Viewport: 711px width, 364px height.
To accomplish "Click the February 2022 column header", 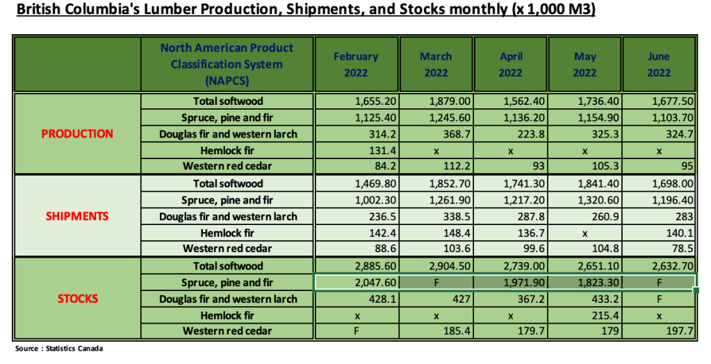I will tap(356, 65).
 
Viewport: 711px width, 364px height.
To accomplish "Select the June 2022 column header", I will tap(659, 65).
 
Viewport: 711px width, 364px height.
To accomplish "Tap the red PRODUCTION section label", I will tap(77, 134).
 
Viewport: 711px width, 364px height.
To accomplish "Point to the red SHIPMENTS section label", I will tap(77, 216).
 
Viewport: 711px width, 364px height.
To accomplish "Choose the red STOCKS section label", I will tap(77, 299).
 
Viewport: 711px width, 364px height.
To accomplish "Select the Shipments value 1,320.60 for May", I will tap(584, 200).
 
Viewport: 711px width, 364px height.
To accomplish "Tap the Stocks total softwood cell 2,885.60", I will tap(356, 266).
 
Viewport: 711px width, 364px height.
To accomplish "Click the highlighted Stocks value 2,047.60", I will tap(356, 283).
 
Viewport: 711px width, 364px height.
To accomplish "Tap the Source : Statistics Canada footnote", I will tap(59, 349).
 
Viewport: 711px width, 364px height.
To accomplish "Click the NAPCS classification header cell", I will tap(227, 65).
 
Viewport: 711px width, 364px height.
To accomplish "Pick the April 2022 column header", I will tap(510, 65).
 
